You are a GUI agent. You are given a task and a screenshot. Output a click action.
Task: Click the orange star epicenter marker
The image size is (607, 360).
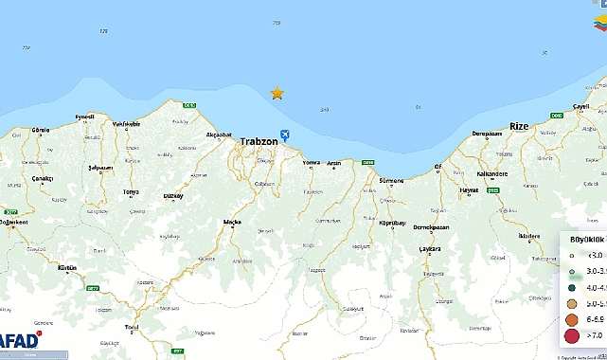277,93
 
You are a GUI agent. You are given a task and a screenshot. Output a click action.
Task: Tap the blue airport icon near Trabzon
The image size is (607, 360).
286,136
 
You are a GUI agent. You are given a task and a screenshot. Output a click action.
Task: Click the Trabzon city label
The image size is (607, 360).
259,141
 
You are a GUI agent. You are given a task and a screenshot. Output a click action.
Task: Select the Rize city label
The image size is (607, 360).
519,126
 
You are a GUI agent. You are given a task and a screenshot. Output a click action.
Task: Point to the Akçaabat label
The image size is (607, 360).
220,135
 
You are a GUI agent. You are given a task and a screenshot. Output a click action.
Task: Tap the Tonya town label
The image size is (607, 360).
131,192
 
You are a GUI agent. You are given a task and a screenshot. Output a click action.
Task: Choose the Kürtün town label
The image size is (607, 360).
67,269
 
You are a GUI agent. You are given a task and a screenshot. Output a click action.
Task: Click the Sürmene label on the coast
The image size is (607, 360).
391,180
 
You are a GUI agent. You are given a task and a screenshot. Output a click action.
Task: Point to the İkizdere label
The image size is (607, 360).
529,236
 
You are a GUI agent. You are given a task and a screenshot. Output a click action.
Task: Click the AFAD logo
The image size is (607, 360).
20,339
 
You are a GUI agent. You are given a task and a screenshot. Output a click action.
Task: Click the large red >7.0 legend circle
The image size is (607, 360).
572,333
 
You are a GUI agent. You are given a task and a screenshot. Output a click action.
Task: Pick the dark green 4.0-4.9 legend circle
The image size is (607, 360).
572,287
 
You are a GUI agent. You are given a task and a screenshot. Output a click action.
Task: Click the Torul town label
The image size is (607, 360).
132,327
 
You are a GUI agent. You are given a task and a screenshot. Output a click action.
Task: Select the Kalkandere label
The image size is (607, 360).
493,173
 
